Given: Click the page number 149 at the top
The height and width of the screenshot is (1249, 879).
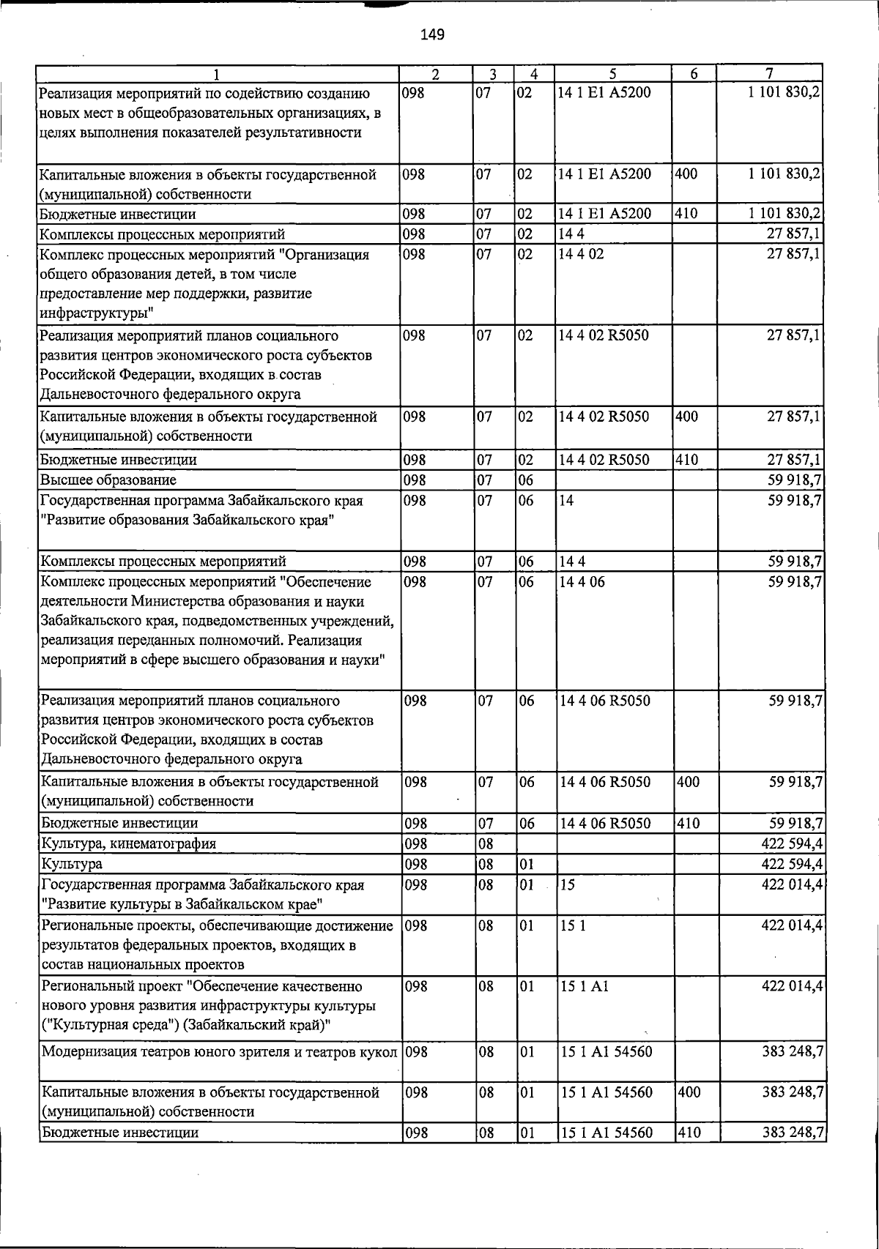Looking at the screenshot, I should (433, 34).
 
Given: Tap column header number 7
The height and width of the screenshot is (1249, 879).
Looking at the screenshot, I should (769, 73).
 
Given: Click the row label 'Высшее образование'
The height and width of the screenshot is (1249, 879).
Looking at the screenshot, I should (108, 480).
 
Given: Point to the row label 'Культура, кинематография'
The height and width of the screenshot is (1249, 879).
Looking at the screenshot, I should (128, 843).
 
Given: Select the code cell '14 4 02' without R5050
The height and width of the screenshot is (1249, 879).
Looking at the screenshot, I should (581, 255).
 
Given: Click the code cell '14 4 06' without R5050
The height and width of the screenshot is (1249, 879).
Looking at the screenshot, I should (582, 582).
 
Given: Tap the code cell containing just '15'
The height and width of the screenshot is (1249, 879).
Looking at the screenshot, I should (567, 884).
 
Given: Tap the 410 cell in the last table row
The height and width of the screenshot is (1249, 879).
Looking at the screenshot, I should (688, 1133).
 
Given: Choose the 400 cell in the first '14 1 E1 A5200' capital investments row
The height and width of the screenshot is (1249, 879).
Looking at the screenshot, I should (688, 174).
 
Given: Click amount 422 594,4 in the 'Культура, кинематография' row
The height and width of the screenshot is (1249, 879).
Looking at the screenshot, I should (793, 843).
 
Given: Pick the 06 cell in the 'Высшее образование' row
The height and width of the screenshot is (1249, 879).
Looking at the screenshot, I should (526, 480).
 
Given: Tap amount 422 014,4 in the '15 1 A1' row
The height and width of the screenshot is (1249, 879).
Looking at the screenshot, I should (793, 986).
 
